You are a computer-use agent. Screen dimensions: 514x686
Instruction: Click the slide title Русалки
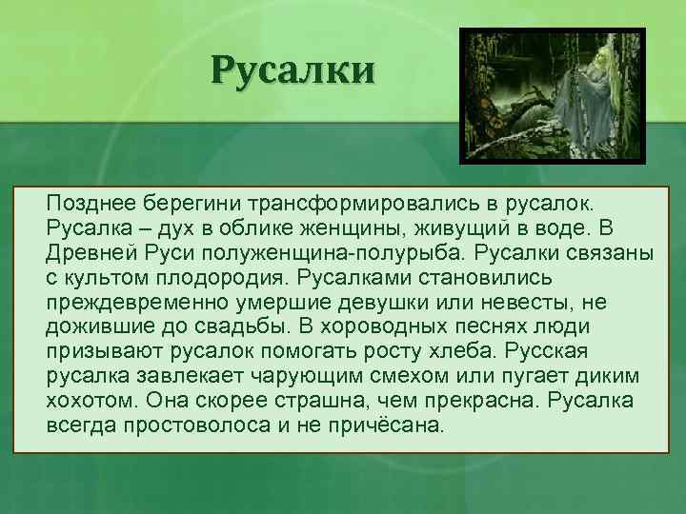[x=293, y=70]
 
